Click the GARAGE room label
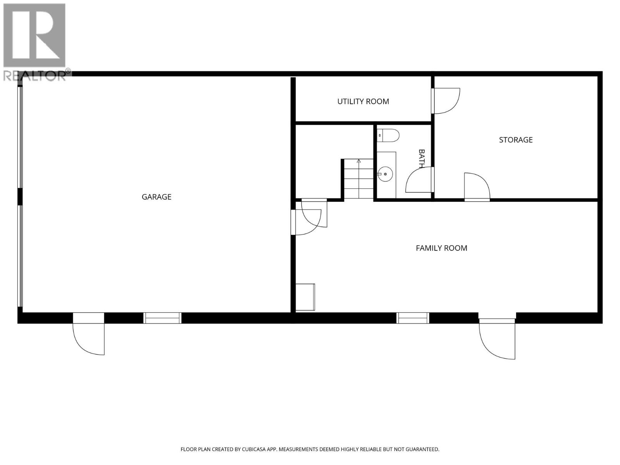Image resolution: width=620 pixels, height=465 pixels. pyautogui.click(x=156, y=197)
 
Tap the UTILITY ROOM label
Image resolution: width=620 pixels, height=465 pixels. pyautogui.click(x=363, y=102)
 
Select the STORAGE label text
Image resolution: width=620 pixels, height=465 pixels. pyautogui.click(x=515, y=140)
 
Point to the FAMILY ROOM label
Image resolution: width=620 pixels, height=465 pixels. pyautogui.click(x=441, y=248)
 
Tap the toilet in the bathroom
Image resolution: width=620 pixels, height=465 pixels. pyautogui.click(x=388, y=135)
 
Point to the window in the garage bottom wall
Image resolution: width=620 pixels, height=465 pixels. pyautogui.click(x=162, y=318)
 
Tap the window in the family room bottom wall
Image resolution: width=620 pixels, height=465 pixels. pyautogui.click(x=413, y=318)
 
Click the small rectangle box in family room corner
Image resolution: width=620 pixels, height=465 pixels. pyautogui.click(x=305, y=297)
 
